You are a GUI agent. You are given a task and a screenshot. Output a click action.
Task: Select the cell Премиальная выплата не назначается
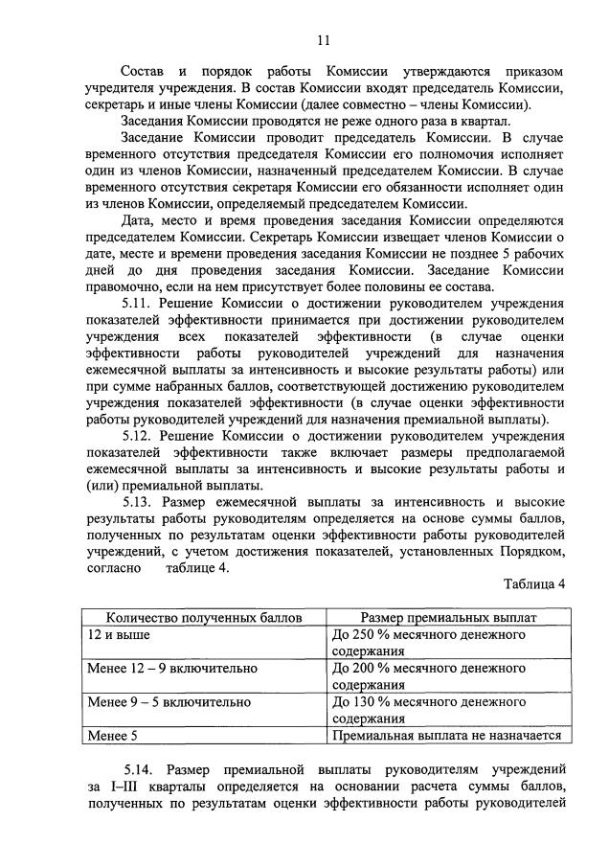coord(445,736)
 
